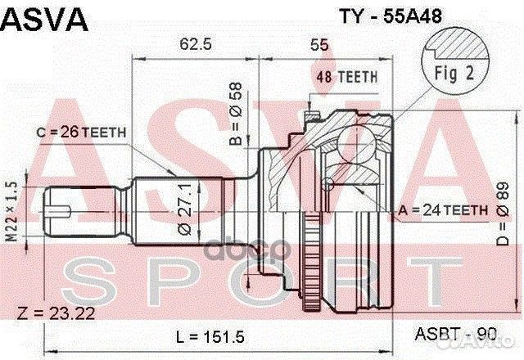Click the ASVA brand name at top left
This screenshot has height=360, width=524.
[46, 19]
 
